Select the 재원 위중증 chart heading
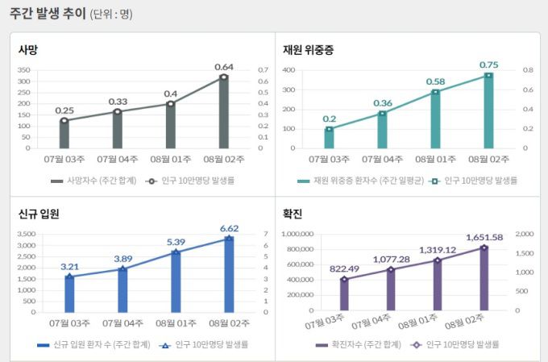[x=308, y=50]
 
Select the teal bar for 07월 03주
[x=329, y=138]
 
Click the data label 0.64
[x=224, y=66]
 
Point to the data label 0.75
[x=488, y=64]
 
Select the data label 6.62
[x=229, y=228]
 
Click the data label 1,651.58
[x=484, y=237]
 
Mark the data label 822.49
[x=344, y=268]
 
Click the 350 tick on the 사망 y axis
[x=23, y=70]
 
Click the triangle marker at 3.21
[x=69, y=277]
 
